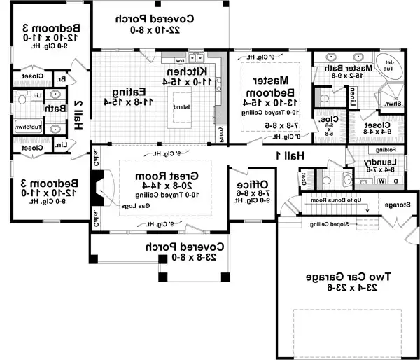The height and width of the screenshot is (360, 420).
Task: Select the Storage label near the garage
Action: click(396, 205)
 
